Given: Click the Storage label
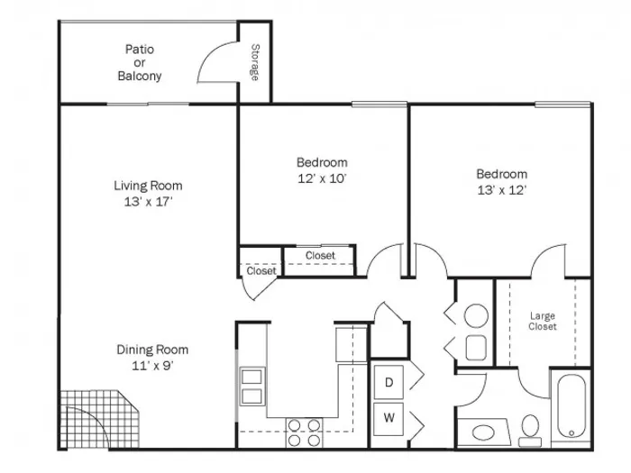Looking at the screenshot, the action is pyautogui.click(x=255, y=62).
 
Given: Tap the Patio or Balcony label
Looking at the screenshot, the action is pyautogui.click(x=140, y=62).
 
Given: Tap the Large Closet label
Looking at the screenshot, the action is pyautogui.click(x=543, y=321).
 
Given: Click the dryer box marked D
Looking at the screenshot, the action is pyautogui.click(x=389, y=382).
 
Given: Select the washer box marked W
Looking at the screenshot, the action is pyautogui.click(x=389, y=418).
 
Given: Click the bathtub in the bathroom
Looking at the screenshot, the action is pyautogui.click(x=571, y=405).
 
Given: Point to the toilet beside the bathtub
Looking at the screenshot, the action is pyautogui.click(x=530, y=431).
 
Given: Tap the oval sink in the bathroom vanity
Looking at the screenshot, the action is pyautogui.click(x=484, y=433).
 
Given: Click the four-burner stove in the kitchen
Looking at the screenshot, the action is pyautogui.click(x=304, y=432).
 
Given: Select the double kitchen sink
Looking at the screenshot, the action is pyautogui.click(x=252, y=387).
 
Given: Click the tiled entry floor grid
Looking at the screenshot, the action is pyautogui.click(x=98, y=419).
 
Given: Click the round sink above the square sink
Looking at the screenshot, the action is pyautogui.click(x=476, y=315).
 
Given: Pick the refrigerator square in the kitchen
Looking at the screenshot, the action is pyautogui.click(x=351, y=344).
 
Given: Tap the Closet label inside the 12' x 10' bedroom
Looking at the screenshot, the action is pyautogui.click(x=320, y=255).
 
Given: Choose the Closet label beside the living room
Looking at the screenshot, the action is pyautogui.click(x=261, y=271).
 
